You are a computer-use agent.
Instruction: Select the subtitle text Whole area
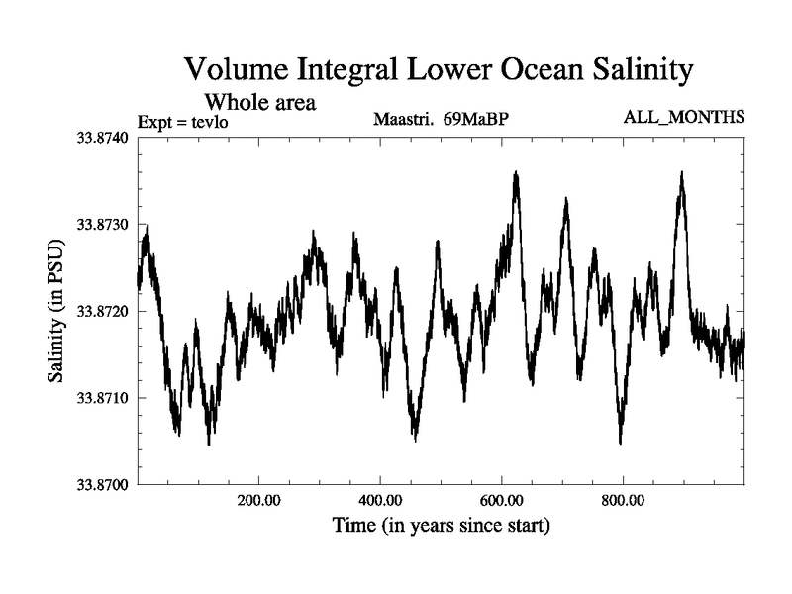click(259, 101)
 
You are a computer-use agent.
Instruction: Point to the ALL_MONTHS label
click(683, 118)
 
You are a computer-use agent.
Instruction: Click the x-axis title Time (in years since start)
click(441, 525)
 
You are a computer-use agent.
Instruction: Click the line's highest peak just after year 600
click(516, 174)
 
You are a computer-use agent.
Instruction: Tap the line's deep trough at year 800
click(620, 442)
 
